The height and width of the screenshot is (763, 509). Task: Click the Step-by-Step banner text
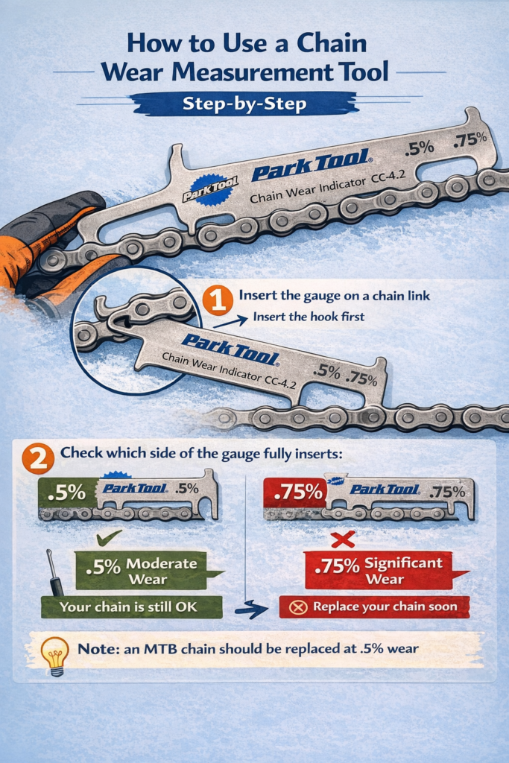coord(244,104)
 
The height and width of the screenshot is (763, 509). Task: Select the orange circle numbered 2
coord(38,458)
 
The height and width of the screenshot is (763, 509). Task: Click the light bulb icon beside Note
coord(54,656)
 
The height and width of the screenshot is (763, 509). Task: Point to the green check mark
coord(109,538)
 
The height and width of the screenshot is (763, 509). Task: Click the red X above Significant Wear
coord(343,539)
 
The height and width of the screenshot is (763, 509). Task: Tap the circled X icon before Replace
coord(298,607)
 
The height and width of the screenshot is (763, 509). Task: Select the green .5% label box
coord(66,493)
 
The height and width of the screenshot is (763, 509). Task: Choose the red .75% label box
coord(295,493)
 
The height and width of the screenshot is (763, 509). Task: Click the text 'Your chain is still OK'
coord(129,607)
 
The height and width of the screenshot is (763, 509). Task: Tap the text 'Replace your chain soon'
coord(385,607)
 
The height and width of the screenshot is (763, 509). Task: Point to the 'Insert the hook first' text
coord(309,317)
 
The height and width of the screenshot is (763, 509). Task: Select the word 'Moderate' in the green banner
coord(162,563)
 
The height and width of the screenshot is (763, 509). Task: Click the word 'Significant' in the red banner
coord(403,563)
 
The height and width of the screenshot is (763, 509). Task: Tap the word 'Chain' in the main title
coord(332,42)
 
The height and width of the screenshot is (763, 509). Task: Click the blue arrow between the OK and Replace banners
coord(251,608)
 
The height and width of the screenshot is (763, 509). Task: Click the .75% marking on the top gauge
coord(469,139)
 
